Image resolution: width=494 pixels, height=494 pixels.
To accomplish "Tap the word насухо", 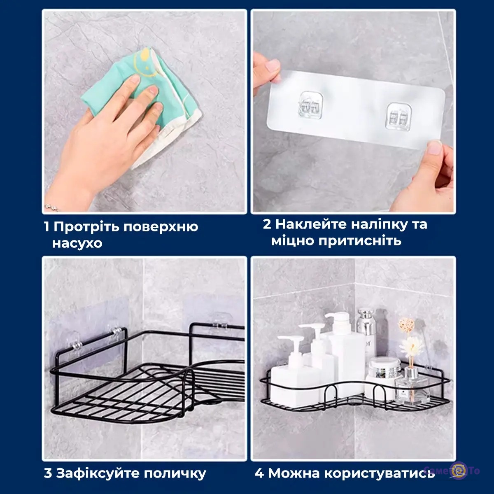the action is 77,243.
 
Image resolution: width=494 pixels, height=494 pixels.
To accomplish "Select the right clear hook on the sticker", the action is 397,116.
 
